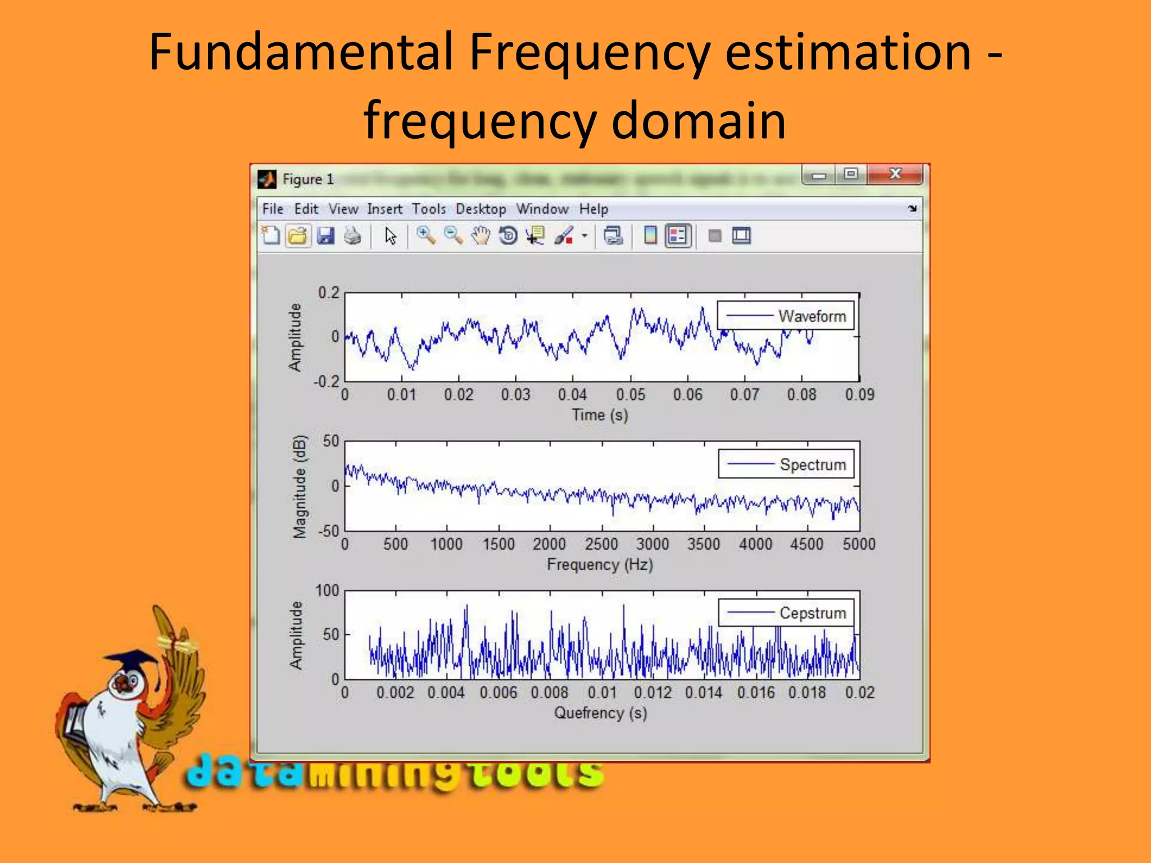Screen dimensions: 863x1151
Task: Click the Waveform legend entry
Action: coord(812,316)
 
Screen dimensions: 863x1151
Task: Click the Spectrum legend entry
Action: coord(812,465)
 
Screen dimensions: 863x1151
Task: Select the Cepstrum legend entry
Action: coord(812,613)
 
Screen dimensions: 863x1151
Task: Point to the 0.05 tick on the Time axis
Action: coord(630,395)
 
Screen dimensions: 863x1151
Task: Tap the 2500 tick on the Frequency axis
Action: coord(601,544)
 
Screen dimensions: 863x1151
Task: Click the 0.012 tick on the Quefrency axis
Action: coord(652,692)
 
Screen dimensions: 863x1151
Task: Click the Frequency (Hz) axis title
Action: coord(600,564)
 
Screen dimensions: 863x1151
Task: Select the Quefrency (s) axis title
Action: coord(600,713)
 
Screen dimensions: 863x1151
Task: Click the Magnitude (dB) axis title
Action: coord(300,487)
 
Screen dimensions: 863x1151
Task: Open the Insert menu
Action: coord(385,209)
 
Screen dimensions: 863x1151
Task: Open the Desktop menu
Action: coord(481,209)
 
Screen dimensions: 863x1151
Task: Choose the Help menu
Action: coord(593,209)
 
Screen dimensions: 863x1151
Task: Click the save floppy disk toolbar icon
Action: coord(325,236)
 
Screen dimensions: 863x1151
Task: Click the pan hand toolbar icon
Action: coord(481,236)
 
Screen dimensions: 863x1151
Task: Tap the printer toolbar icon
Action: coord(352,236)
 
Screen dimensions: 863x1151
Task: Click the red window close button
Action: coord(895,174)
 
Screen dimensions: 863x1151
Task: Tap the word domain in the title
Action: coord(698,120)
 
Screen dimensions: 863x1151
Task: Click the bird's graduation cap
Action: coord(132,658)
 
